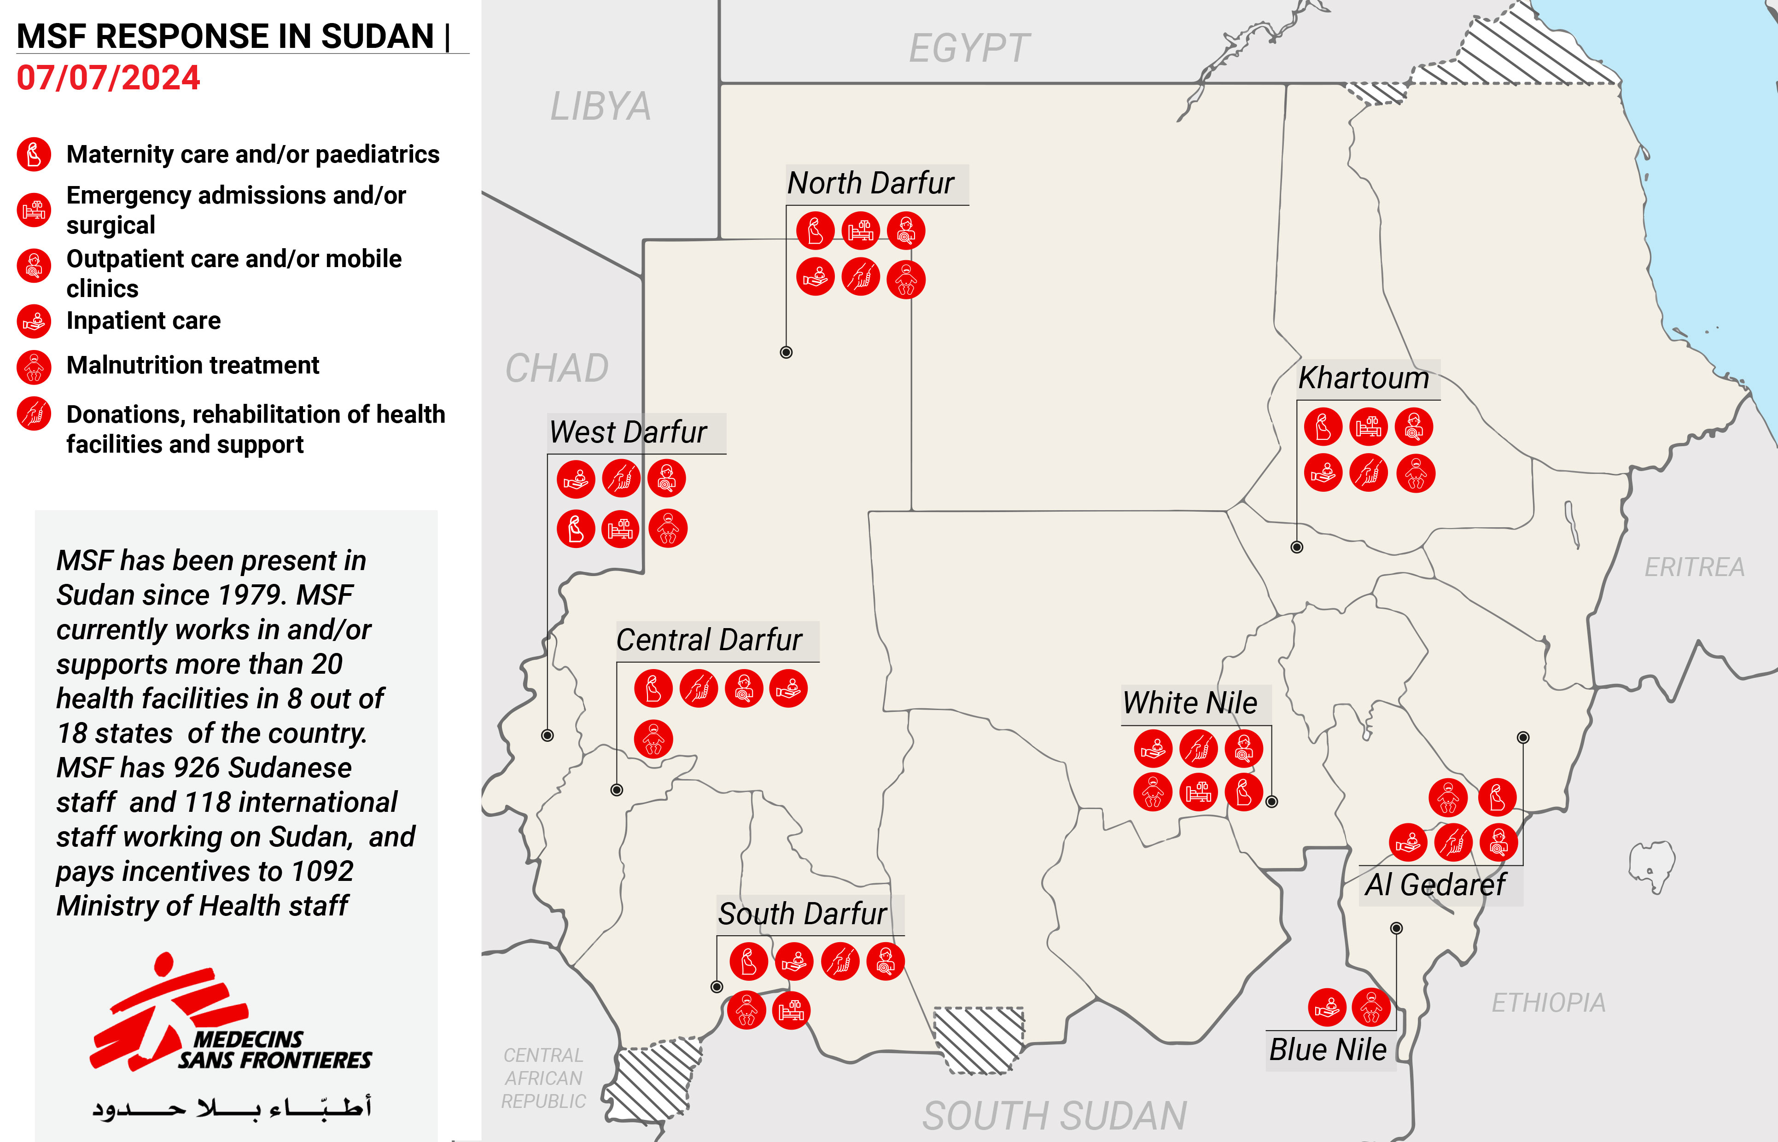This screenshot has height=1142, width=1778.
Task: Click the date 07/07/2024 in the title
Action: [108, 78]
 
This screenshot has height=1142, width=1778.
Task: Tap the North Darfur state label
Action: [870, 183]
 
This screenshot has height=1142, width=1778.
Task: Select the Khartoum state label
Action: [1363, 378]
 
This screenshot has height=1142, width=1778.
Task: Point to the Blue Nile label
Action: [1327, 1050]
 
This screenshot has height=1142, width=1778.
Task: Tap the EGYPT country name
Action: [969, 49]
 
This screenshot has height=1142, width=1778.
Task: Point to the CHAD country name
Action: [557, 368]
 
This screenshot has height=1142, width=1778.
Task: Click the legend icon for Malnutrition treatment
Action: [34, 367]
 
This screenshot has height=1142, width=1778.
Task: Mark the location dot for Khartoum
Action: [1297, 547]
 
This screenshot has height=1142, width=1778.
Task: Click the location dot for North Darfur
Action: [787, 352]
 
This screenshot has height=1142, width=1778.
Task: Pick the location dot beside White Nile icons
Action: [1271, 802]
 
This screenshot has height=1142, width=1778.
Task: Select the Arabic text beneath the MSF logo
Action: [231, 1108]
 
